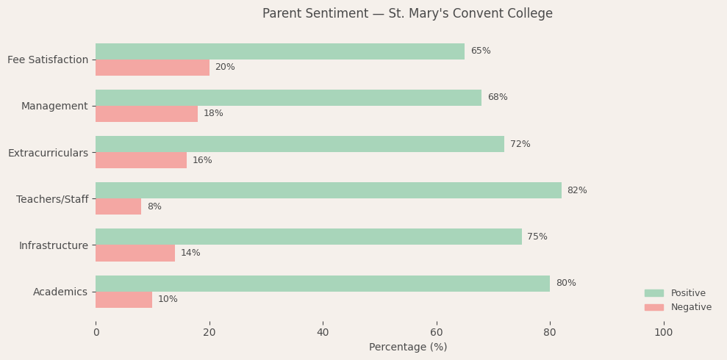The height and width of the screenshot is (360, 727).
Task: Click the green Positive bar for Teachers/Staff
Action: (x=328, y=190)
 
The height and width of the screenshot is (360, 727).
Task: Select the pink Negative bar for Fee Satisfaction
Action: (x=152, y=68)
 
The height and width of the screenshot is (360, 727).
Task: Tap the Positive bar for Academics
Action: (x=323, y=284)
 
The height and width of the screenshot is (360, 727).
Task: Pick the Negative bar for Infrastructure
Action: (x=135, y=253)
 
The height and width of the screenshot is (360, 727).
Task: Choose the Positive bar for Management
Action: (x=288, y=98)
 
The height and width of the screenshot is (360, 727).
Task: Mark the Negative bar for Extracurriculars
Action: (x=141, y=160)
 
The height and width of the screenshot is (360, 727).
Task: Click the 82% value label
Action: (x=577, y=191)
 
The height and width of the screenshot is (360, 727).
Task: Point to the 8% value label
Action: (x=154, y=207)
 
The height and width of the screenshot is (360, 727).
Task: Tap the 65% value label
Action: (x=481, y=51)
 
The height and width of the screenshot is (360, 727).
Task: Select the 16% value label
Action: (x=202, y=161)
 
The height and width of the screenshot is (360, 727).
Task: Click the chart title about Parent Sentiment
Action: (x=407, y=14)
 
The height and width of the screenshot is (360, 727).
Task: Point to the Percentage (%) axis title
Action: (x=407, y=348)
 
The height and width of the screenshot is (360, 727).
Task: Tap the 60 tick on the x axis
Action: (x=437, y=333)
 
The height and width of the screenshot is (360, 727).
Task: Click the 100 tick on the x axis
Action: (x=663, y=333)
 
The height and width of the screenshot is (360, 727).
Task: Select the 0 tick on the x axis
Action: (x=96, y=333)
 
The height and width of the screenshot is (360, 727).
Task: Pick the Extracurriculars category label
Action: (x=48, y=153)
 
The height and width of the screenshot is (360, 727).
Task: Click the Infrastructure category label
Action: (x=53, y=245)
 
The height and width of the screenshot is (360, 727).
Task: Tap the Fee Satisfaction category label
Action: (x=48, y=60)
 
